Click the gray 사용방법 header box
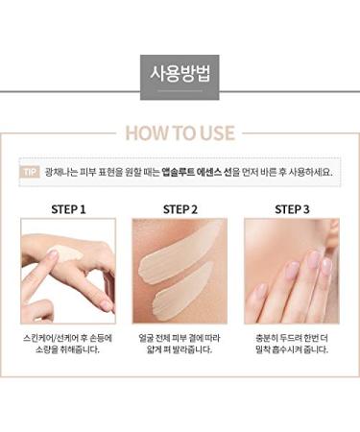point(180,73)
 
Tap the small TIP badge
point(30,172)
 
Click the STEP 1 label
point(67,208)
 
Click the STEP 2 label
point(180,208)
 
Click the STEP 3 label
point(292,208)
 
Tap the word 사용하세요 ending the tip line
point(311,172)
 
